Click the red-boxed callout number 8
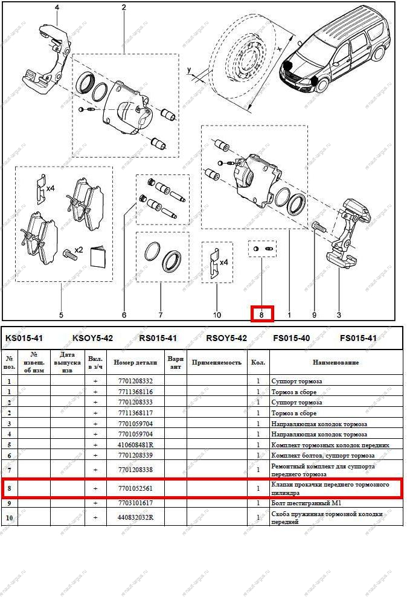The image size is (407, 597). [x=261, y=314]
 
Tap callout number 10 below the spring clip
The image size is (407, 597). [x=217, y=314]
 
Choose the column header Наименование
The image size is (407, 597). [x=335, y=362]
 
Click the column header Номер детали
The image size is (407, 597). [x=135, y=362]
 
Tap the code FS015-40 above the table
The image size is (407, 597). [x=292, y=338]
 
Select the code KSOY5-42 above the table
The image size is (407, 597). [x=92, y=338]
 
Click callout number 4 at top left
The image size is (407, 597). [x=57, y=8]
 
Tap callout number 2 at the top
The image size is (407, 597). [x=123, y=8]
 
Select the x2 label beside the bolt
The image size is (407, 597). [x=78, y=249]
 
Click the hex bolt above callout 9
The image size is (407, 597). [x=318, y=228]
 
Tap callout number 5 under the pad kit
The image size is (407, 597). [x=61, y=314]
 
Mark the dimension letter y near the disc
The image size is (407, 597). [x=189, y=71]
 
